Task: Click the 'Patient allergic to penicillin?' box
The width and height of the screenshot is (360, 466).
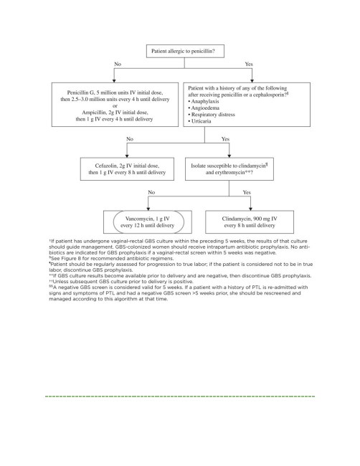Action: [x=185, y=51]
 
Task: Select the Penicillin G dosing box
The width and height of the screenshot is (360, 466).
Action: [x=115, y=105]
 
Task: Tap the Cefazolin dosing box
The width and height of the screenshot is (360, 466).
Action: [x=127, y=168]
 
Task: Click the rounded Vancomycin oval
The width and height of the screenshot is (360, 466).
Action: [x=148, y=222]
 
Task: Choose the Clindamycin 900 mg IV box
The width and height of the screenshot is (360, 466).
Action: [x=250, y=222]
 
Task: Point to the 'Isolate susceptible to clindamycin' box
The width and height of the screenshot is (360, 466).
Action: [x=229, y=168]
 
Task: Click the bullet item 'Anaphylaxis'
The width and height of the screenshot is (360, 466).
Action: [x=204, y=101]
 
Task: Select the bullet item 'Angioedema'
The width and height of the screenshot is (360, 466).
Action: [x=204, y=108]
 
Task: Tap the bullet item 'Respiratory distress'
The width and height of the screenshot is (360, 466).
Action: [x=212, y=115]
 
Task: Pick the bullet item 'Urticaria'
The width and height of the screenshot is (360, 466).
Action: [x=199, y=121]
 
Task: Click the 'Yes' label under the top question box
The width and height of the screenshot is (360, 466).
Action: [x=249, y=64]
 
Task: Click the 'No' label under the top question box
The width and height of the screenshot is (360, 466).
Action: [x=118, y=64]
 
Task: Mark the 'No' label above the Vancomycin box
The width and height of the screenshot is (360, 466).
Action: [x=151, y=192]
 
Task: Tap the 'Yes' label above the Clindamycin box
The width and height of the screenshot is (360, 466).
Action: [x=247, y=192]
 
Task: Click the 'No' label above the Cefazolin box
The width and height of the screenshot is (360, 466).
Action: [x=130, y=139]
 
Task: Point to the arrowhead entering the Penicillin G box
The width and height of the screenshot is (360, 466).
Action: [x=114, y=80]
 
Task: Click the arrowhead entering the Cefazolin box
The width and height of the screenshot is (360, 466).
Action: [x=127, y=156]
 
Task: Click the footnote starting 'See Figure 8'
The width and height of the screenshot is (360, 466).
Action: [x=111, y=258]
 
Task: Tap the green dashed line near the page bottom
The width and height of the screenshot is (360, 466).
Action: [x=180, y=396]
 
